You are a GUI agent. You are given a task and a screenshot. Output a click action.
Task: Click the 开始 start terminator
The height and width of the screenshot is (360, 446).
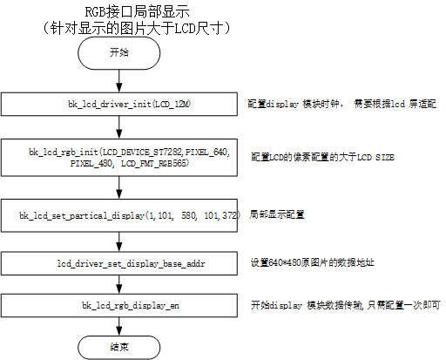coord(119,53)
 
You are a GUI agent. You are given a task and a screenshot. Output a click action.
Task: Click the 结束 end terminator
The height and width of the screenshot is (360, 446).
coord(119,348)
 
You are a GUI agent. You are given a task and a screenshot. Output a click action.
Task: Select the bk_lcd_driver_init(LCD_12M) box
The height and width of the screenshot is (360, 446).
coord(119,104)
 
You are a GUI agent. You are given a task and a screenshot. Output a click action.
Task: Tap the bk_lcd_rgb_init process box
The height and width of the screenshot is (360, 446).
coord(119,158)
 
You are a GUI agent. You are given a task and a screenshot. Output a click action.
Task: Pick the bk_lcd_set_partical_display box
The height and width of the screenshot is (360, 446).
coord(119,215)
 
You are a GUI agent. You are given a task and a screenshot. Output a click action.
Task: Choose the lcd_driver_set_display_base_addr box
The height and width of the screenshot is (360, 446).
coord(119,263)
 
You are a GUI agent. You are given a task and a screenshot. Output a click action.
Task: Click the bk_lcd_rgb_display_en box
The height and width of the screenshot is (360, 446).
coord(119,305)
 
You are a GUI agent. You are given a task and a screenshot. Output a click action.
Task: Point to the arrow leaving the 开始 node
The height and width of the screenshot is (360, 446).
coord(119,81)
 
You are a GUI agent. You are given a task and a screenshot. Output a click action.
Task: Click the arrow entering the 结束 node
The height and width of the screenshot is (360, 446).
coord(119,326)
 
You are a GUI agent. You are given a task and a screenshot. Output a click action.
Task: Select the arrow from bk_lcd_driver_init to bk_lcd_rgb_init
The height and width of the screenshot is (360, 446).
coord(119,127)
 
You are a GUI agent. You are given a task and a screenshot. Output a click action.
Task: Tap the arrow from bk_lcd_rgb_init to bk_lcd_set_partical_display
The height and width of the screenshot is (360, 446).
coord(119,187)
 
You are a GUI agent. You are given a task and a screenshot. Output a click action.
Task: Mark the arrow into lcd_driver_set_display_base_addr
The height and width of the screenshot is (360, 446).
coord(119,242)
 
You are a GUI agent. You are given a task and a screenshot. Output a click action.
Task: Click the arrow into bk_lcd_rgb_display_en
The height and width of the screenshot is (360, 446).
coord(119,284)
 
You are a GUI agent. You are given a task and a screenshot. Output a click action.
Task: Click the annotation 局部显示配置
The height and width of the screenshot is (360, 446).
coord(277,214)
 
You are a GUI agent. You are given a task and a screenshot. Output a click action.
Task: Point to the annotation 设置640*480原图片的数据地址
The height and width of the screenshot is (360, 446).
coord(312,262)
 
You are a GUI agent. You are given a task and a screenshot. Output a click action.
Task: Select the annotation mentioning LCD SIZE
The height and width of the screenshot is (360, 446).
coord(322,157)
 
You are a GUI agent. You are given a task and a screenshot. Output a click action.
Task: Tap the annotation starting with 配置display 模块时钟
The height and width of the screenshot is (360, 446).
coord(341,104)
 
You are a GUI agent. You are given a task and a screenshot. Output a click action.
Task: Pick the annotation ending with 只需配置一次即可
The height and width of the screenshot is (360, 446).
coord(346,305)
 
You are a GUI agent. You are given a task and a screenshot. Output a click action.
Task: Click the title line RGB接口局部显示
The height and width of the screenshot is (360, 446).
coord(137,12)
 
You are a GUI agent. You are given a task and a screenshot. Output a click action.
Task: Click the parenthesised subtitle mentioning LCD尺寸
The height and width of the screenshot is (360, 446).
coord(136,29)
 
